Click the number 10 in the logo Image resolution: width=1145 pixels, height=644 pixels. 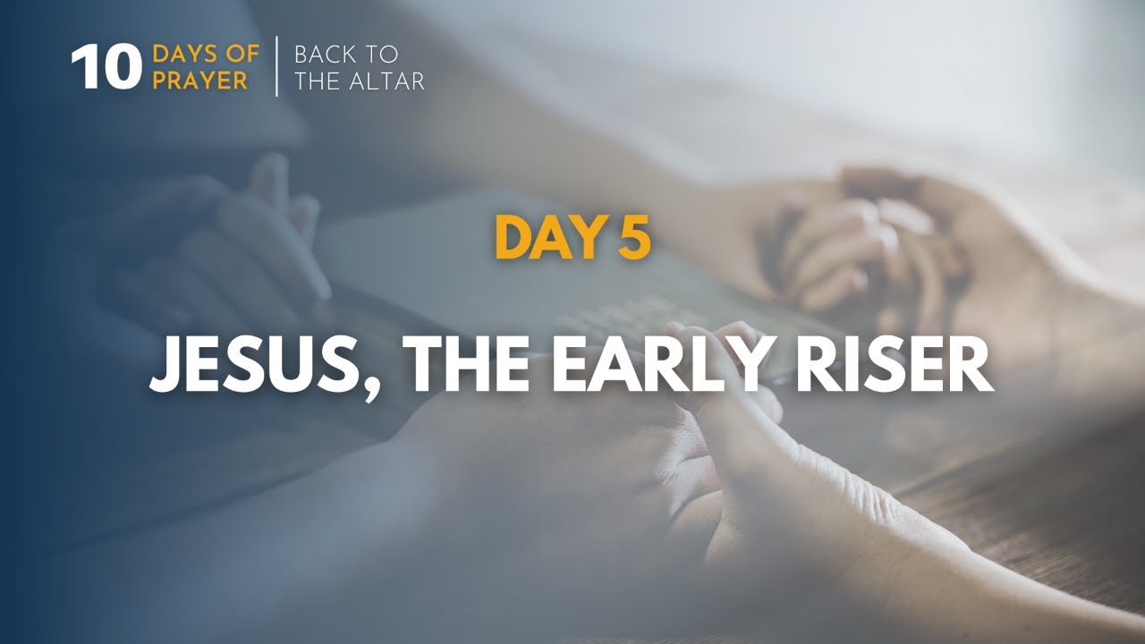(106, 68)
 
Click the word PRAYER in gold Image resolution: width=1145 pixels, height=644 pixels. (200, 80)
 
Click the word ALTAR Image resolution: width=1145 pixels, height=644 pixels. (388, 81)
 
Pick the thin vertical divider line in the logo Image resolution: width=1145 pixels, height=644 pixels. (276, 67)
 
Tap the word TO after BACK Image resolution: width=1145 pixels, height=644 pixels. (382, 55)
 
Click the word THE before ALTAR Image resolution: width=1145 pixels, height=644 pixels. (319, 81)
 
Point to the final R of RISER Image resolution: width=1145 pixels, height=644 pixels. (974, 367)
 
